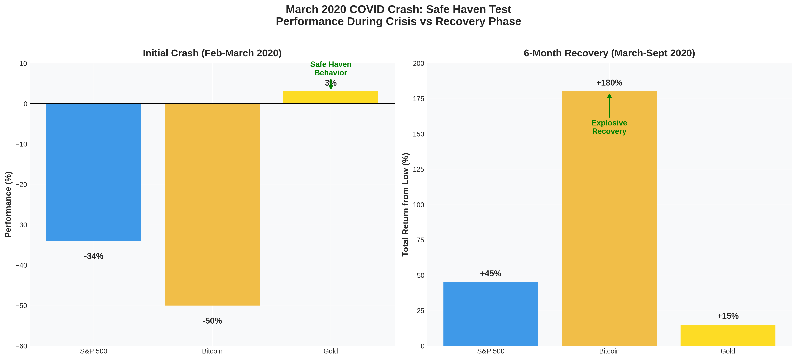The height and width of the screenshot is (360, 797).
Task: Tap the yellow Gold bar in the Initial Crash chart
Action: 330,97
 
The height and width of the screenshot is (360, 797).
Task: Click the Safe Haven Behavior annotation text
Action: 330,68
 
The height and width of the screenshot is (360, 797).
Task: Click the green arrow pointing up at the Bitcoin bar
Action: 609,105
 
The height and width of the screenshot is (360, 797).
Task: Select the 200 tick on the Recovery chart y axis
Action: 418,63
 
